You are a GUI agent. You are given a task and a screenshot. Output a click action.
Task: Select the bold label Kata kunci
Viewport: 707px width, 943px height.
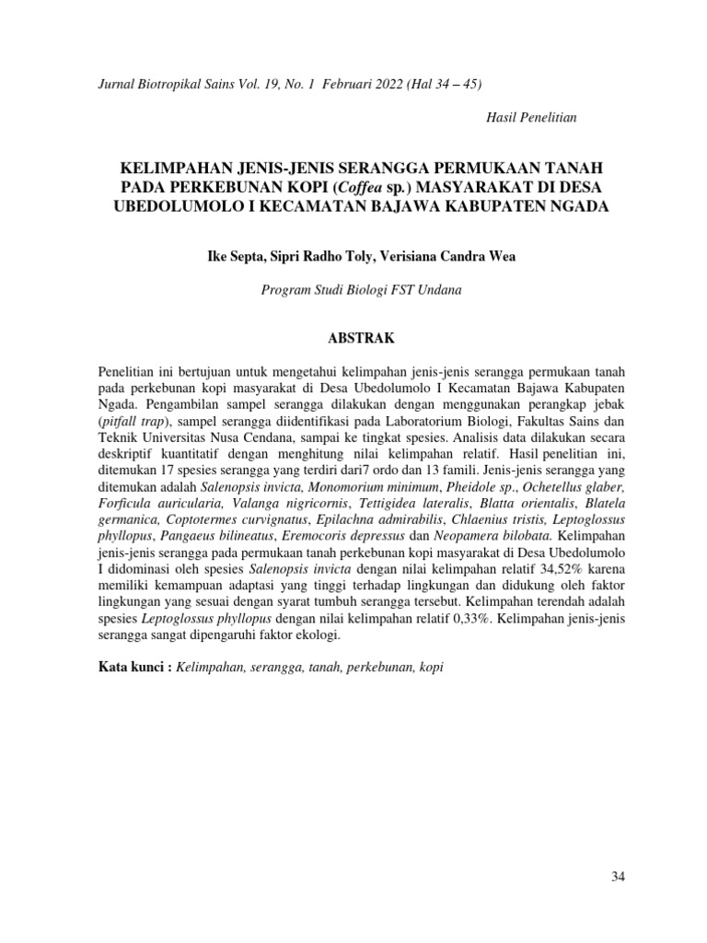134,667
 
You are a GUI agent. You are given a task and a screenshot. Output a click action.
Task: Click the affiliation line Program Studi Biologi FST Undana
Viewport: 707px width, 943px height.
362,289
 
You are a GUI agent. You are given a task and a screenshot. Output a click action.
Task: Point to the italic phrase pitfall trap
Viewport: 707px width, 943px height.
132,420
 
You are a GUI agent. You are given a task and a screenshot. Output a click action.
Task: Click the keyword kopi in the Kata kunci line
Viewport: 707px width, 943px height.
430,667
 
